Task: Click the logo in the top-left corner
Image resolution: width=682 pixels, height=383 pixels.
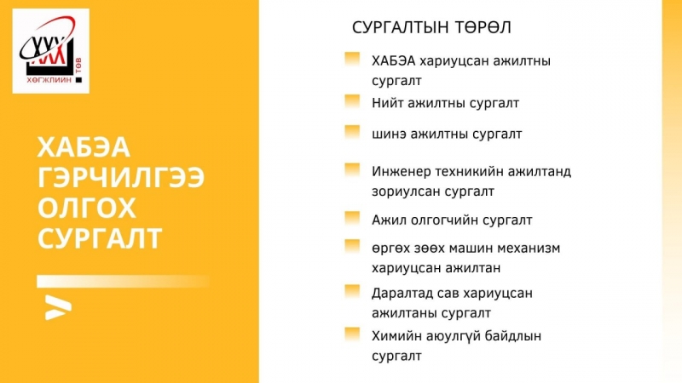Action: [x=51, y=51]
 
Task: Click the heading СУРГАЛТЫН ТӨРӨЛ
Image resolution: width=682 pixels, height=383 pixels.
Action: [x=431, y=27]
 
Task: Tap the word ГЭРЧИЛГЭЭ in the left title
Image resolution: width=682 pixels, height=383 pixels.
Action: [x=121, y=178]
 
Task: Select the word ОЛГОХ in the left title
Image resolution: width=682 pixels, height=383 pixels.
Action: [x=87, y=208]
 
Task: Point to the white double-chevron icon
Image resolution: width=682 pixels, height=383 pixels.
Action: [x=58, y=307]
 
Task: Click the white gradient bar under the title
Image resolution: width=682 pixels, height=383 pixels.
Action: [x=123, y=282]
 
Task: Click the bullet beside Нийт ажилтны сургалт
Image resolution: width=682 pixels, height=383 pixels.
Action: [x=352, y=101]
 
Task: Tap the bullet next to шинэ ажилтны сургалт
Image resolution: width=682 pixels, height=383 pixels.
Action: [x=352, y=132]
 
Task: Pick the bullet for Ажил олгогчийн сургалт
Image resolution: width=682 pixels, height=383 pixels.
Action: [x=352, y=218]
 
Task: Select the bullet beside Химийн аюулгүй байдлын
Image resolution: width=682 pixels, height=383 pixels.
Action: [x=352, y=334]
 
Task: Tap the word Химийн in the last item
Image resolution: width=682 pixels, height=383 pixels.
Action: [x=392, y=336]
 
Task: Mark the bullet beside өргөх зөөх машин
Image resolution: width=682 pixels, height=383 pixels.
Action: [x=352, y=246]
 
